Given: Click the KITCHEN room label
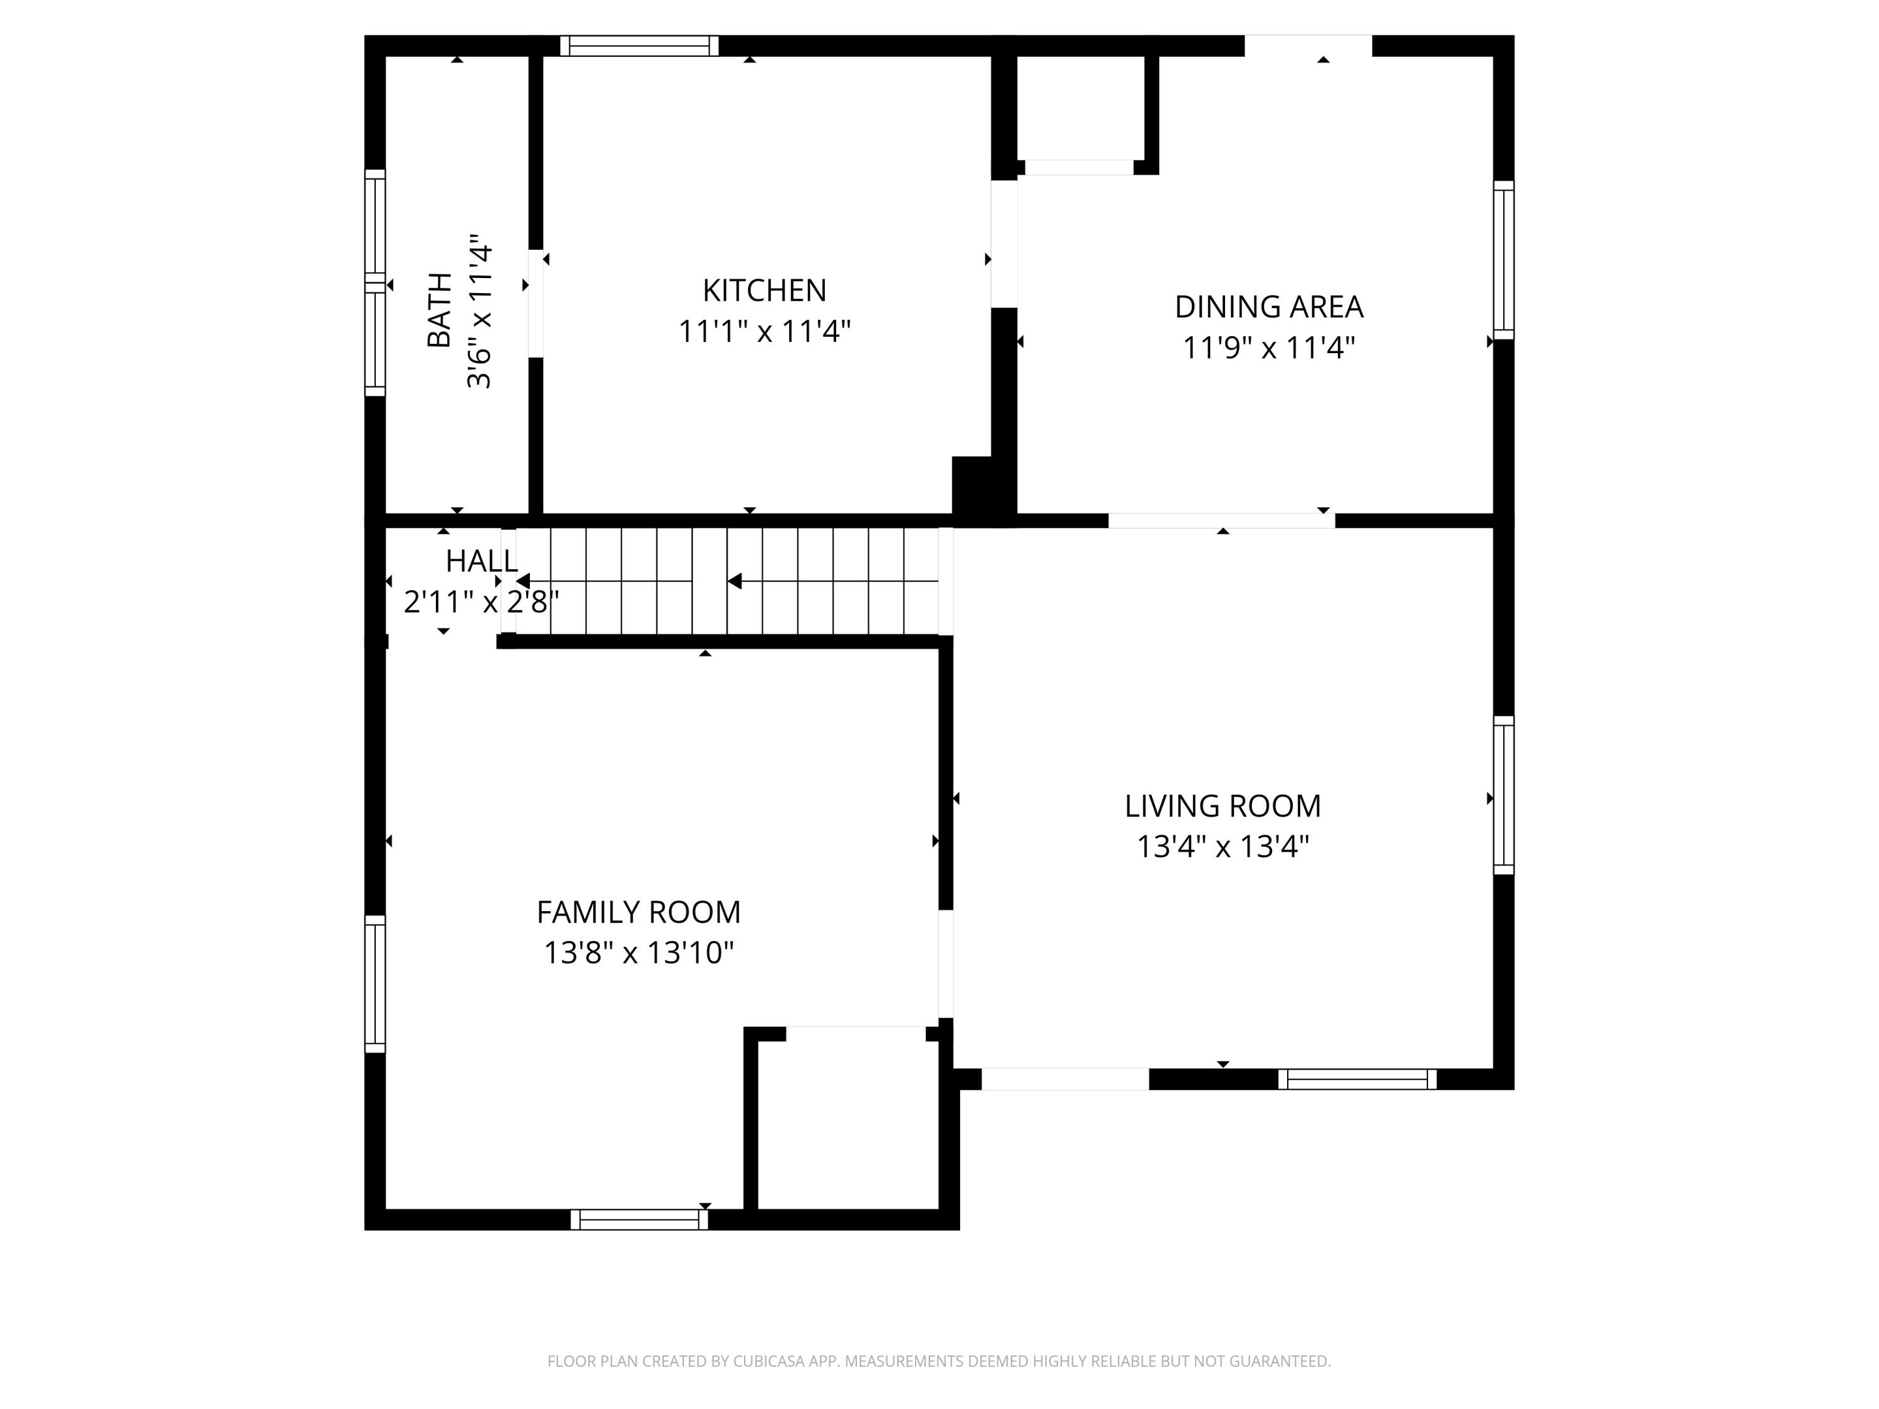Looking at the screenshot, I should click(764, 291).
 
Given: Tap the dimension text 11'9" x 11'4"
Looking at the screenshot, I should click(1268, 348).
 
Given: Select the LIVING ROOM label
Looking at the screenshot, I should click(1223, 806).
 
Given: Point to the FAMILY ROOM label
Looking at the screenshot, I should click(638, 912).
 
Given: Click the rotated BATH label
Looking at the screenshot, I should click(439, 310).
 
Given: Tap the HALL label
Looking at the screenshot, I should click(481, 561).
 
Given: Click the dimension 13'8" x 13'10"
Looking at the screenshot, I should click(638, 953).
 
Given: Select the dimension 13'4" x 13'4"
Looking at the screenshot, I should click(1223, 847).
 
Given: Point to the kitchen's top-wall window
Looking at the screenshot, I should click(639, 46).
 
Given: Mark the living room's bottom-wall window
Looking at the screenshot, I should click(1357, 1078).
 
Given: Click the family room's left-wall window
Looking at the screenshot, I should click(375, 984).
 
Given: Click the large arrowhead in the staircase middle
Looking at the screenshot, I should click(735, 581).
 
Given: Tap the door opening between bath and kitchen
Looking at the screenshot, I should click(535, 303).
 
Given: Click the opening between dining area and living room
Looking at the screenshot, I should click(1221, 520).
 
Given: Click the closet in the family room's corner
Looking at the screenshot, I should click(847, 1120).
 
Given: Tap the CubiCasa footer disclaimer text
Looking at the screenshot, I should click(939, 1361).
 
